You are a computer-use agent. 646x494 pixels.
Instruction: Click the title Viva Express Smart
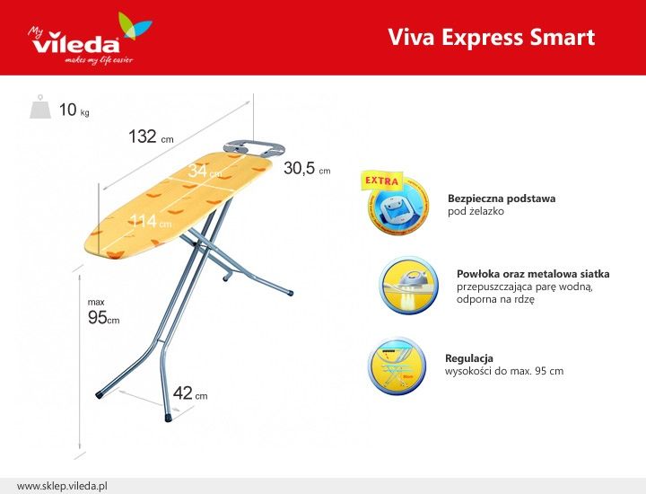[492, 37]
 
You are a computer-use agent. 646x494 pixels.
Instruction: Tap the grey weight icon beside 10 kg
[40, 107]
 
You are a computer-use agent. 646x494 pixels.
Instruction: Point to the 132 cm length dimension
[151, 137]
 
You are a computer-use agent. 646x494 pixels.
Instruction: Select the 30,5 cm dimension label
[307, 168]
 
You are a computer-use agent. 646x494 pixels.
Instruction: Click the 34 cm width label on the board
[205, 171]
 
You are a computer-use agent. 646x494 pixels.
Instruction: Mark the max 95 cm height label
[103, 313]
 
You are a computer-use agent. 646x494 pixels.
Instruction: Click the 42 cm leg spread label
[190, 393]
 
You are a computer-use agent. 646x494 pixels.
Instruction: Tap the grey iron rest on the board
[254, 149]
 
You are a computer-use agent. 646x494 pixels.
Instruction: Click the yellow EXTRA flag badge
[382, 181]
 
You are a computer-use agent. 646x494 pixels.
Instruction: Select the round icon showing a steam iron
[409, 286]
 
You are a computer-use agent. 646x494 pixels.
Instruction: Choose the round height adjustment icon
[397, 366]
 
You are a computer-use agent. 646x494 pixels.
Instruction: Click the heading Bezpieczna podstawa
[502, 198]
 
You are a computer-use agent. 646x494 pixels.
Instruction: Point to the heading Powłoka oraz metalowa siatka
[533, 274]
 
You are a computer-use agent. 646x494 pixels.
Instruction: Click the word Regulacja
[469, 357]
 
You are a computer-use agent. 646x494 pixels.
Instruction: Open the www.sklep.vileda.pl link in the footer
[62, 486]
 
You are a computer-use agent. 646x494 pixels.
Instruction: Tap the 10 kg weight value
[74, 110]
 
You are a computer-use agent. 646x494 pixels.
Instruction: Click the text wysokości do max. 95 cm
[504, 371]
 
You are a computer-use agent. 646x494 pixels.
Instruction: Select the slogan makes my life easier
[99, 60]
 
